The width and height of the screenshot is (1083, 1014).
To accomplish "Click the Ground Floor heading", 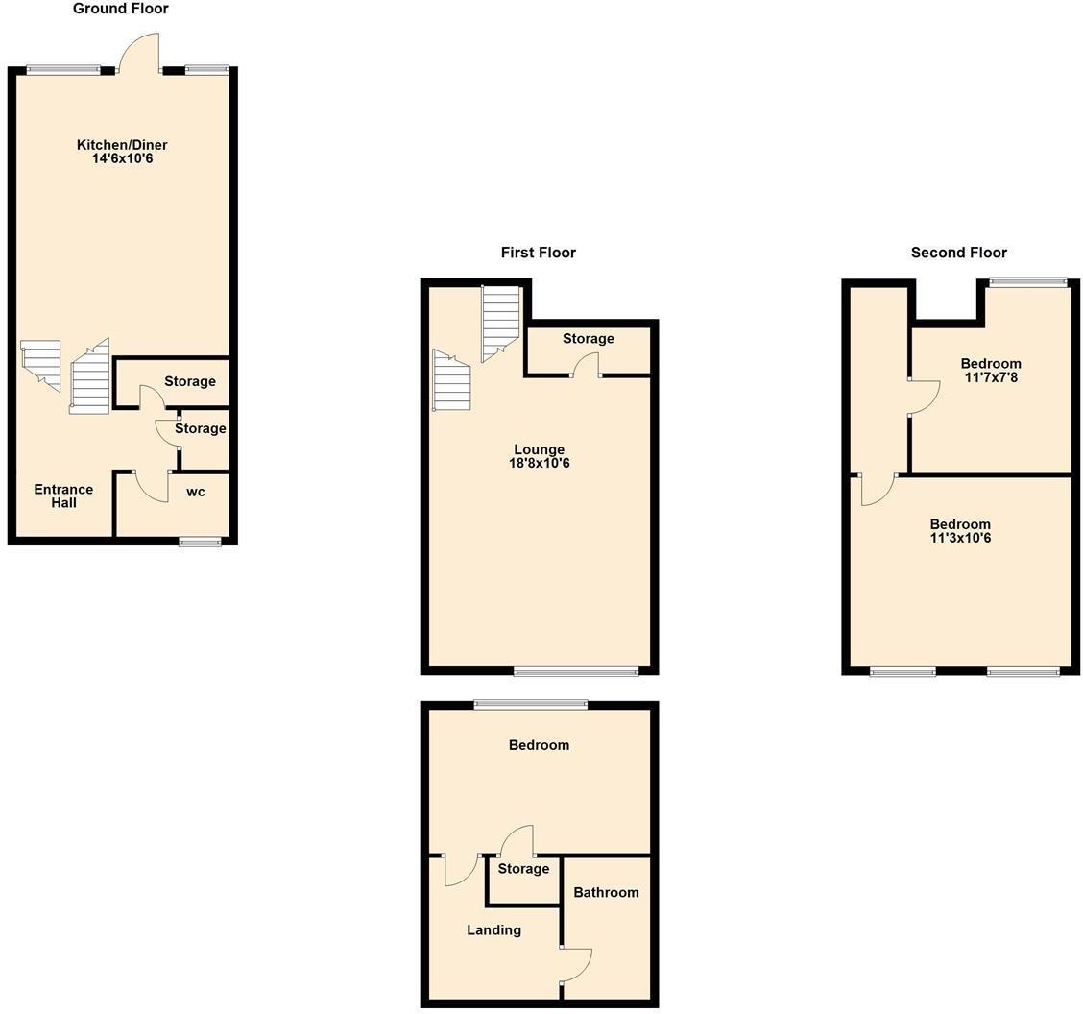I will pyautogui.click(x=121, y=9).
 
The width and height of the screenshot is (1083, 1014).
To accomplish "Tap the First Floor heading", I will pyautogui.click(x=538, y=253).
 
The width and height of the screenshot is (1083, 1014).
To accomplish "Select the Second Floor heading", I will pyautogui.click(x=958, y=253).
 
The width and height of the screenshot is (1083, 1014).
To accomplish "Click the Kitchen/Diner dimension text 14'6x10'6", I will pyautogui.click(x=122, y=158).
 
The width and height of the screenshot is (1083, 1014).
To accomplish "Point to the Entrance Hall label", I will pyautogui.click(x=63, y=495).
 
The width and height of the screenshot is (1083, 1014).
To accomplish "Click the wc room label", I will pyautogui.click(x=195, y=492).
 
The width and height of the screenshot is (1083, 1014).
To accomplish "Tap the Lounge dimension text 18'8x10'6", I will pyautogui.click(x=539, y=463).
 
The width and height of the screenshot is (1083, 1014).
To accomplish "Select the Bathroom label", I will pyautogui.click(x=606, y=892).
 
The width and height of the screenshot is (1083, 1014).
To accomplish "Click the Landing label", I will pyautogui.click(x=493, y=929).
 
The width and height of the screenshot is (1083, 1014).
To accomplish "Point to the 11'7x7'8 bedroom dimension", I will pyautogui.click(x=991, y=377).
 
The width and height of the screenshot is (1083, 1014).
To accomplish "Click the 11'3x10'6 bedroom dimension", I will pyautogui.click(x=960, y=538).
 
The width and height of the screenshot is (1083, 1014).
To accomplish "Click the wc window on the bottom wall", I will pyautogui.click(x=200, y=543).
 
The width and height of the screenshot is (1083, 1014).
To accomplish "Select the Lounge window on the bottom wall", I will pyautogui.click(x=576, y=671).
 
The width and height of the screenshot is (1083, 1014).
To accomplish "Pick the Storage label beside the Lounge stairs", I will pyautogui.click(x=588, y=338).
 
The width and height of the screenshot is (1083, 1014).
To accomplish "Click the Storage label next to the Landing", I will pyautogui.click(x=523, y=868).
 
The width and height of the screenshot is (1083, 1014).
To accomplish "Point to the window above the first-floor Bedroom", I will pyautogui.click(x=531, y=705).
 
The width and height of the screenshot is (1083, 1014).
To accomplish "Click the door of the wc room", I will pyautogui.click(x=152, y=486).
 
